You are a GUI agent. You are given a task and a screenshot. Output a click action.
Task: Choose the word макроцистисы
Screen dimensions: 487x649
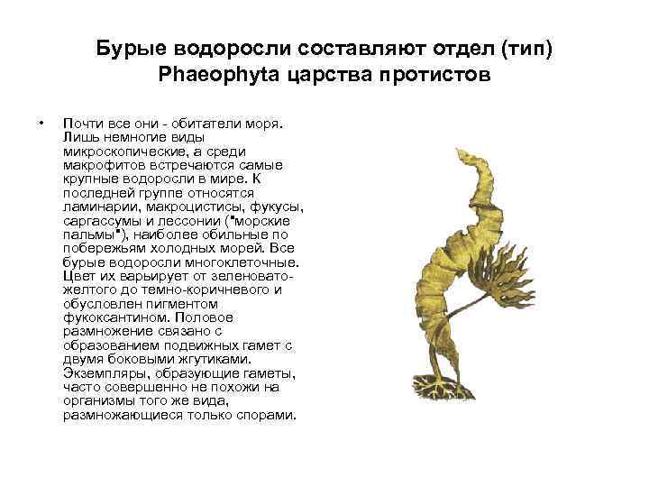click(x=181, y=207)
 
